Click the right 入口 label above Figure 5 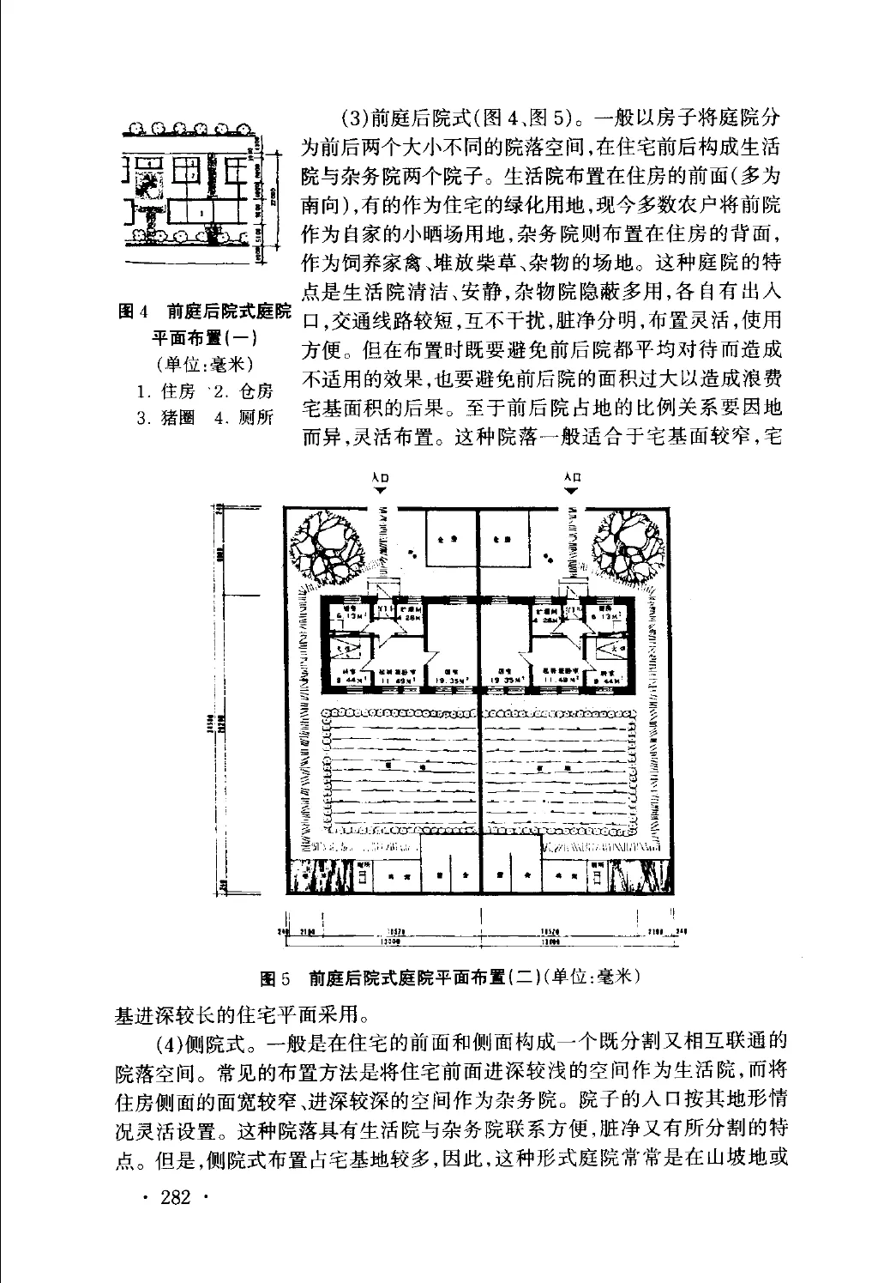pyautogui.click(x=573, y=477)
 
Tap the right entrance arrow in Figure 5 pyautogui.click(x=573, y=489)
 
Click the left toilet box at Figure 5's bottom pyautogui.click(x=363, y=876)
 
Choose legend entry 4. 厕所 pyautogui.click(x=244, y=418)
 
